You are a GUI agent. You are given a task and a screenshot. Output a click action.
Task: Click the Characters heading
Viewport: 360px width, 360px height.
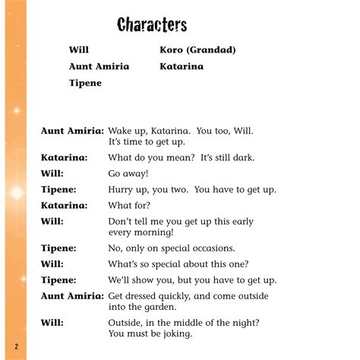click(152, 25)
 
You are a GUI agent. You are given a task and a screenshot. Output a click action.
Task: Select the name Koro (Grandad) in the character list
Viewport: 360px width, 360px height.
click(197, 50)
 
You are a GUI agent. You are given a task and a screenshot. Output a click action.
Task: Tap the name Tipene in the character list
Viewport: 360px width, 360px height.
click(85, 83)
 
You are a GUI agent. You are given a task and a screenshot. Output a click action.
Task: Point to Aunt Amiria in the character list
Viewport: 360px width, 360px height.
click(99, 66)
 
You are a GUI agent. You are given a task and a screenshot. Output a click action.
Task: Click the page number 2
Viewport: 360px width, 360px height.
click(15, 346)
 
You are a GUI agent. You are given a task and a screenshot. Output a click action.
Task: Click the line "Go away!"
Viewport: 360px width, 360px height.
click(130, 173)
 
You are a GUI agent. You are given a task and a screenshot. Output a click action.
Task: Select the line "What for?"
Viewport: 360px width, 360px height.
click(130, 205)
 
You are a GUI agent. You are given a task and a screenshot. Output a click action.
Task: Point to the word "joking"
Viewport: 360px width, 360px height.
click(173, 333)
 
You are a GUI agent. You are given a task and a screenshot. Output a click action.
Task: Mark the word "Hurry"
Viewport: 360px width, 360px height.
click(122, 189)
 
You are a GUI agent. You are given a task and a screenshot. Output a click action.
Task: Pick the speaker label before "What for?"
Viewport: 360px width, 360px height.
click(64, 205)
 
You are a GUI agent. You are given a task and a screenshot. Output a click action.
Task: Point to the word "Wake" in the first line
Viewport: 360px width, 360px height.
click(122, 131)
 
